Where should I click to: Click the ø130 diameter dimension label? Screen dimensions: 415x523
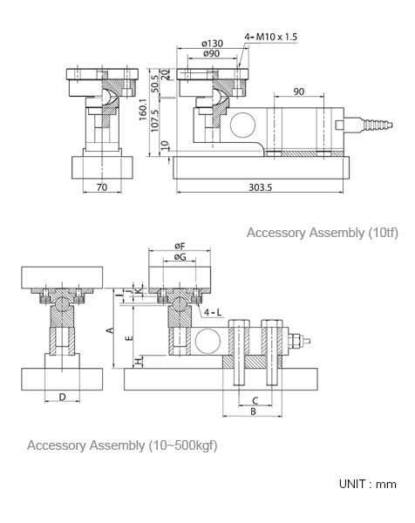[x=213, y=44]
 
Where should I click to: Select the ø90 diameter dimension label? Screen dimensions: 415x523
[x=212, y=53]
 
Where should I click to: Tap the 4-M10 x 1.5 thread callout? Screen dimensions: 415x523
[x=270, y=37]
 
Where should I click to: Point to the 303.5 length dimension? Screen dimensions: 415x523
[x=260, y=187]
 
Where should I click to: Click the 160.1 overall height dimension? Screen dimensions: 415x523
[x=142, y=110]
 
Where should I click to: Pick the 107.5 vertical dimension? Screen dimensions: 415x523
[x=154, y=121]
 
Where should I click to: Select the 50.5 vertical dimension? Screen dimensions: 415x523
[x=154, y=84]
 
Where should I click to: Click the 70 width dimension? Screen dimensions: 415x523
[x=102, y=187]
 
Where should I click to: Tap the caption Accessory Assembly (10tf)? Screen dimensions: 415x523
[x=323, y=233]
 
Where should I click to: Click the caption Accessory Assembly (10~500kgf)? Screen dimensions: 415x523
[x=122, y=445]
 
